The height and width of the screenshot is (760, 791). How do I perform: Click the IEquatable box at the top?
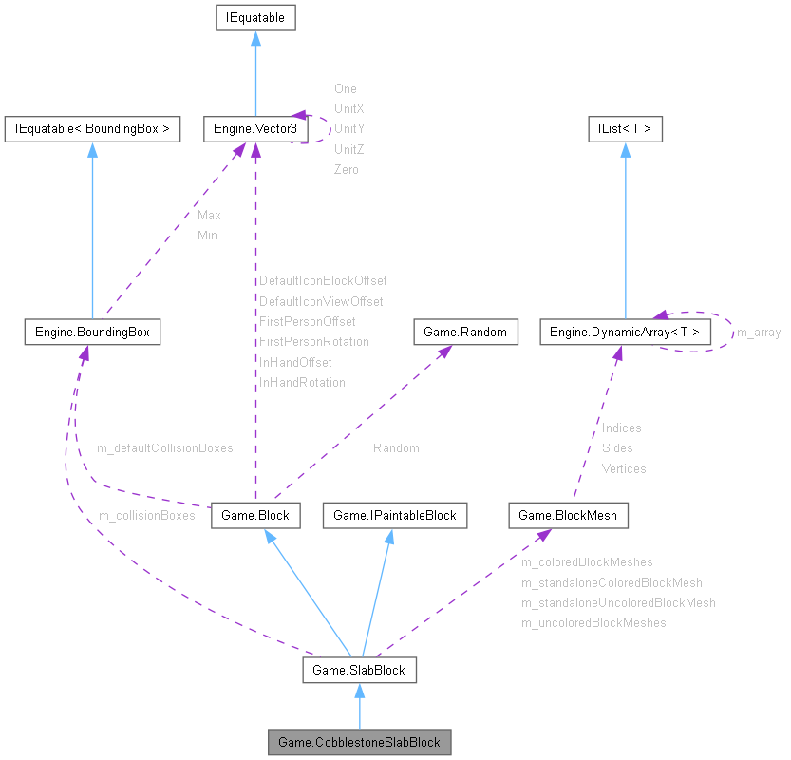255,17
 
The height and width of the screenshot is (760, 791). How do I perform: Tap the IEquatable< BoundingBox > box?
92,128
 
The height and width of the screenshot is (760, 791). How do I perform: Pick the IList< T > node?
624,128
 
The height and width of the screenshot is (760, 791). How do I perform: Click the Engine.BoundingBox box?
92,332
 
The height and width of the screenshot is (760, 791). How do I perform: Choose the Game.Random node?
466,332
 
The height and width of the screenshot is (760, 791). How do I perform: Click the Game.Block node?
254,515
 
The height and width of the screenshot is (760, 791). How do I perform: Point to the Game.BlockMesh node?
568,515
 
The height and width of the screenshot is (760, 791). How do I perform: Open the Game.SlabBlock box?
359,670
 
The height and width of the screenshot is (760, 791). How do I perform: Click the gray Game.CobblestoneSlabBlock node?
359,740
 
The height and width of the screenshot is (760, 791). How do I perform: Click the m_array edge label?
759,332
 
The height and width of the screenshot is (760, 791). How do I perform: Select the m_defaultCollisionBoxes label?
164,446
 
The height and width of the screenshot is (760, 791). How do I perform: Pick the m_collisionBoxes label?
146,515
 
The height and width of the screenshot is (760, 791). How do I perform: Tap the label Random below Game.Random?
395,447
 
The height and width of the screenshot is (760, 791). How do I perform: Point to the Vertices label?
624,468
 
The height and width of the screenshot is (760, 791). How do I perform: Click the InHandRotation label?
302,382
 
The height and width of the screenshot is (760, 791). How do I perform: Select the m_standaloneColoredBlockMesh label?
612,582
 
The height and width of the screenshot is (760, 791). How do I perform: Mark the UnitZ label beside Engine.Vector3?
348,149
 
